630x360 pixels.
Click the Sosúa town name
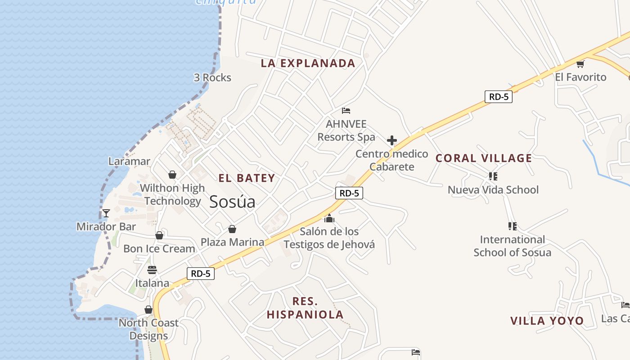[232, 202]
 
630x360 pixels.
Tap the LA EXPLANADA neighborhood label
[308, 63]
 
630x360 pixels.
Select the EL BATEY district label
[247, 178]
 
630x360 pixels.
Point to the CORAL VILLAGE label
[484, 158]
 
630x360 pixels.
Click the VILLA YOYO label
[547, 321]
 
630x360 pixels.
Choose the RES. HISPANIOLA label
[305, 308]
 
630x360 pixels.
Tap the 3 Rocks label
[212, 78]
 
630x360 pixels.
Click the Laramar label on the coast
[129, 161]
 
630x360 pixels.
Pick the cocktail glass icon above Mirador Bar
[106, 213]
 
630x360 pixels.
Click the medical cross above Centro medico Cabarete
[392, 140]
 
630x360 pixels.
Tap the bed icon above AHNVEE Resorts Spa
[346, 110]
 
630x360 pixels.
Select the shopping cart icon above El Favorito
[580, 64]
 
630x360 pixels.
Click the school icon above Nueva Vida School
[493, 176]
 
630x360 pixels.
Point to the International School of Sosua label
[512, 246]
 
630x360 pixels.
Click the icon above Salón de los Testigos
[329, 218]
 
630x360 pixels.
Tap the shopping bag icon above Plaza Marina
[232, 229]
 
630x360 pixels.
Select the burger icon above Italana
[152, 270]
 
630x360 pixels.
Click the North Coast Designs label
[148, 329]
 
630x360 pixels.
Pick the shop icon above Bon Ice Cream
[159, 235]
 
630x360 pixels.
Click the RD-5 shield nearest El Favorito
[498, 96]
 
